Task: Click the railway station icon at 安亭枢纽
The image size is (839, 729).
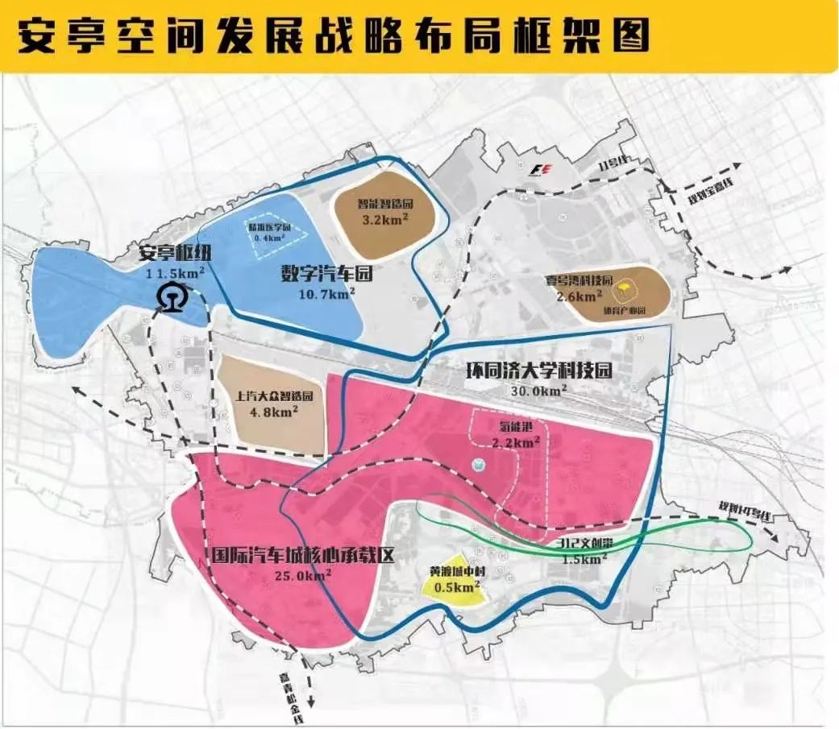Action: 170,297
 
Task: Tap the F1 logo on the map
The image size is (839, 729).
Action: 541,169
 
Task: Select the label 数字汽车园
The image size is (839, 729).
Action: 320,274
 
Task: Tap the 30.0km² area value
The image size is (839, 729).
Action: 538,391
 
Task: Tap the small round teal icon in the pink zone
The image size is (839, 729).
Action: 477,465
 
